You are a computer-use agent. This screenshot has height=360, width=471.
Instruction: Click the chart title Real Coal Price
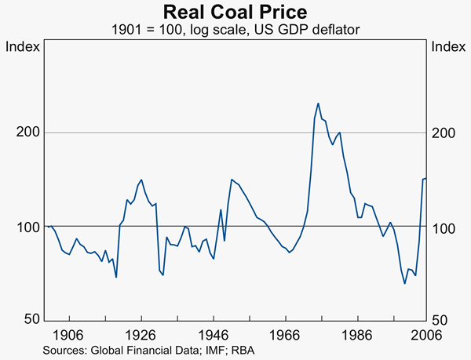click(235, 13)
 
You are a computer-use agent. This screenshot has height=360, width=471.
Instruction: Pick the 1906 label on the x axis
click(70, 334)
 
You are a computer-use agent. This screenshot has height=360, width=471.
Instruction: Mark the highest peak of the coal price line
click(318, 104)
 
